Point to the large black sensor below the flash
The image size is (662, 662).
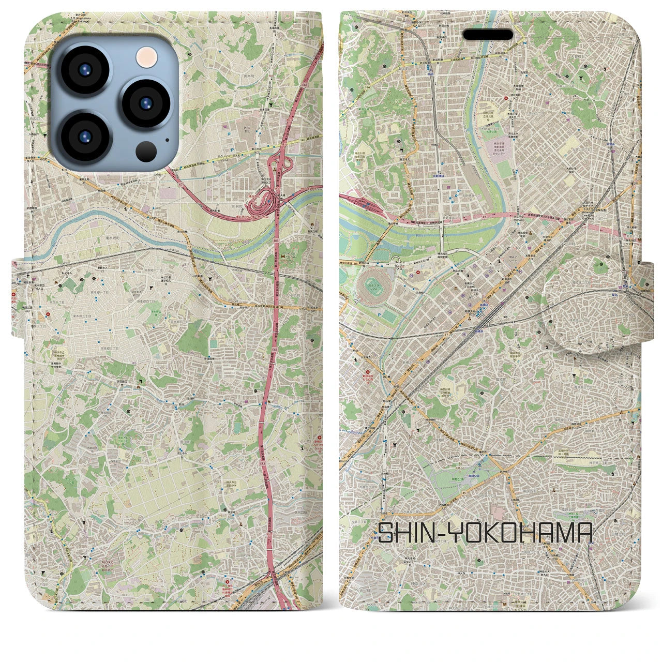(x=146, y=151)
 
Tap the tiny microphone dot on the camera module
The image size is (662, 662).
(x=167, y=139)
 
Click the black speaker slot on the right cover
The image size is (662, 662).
(x=488, y=35)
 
